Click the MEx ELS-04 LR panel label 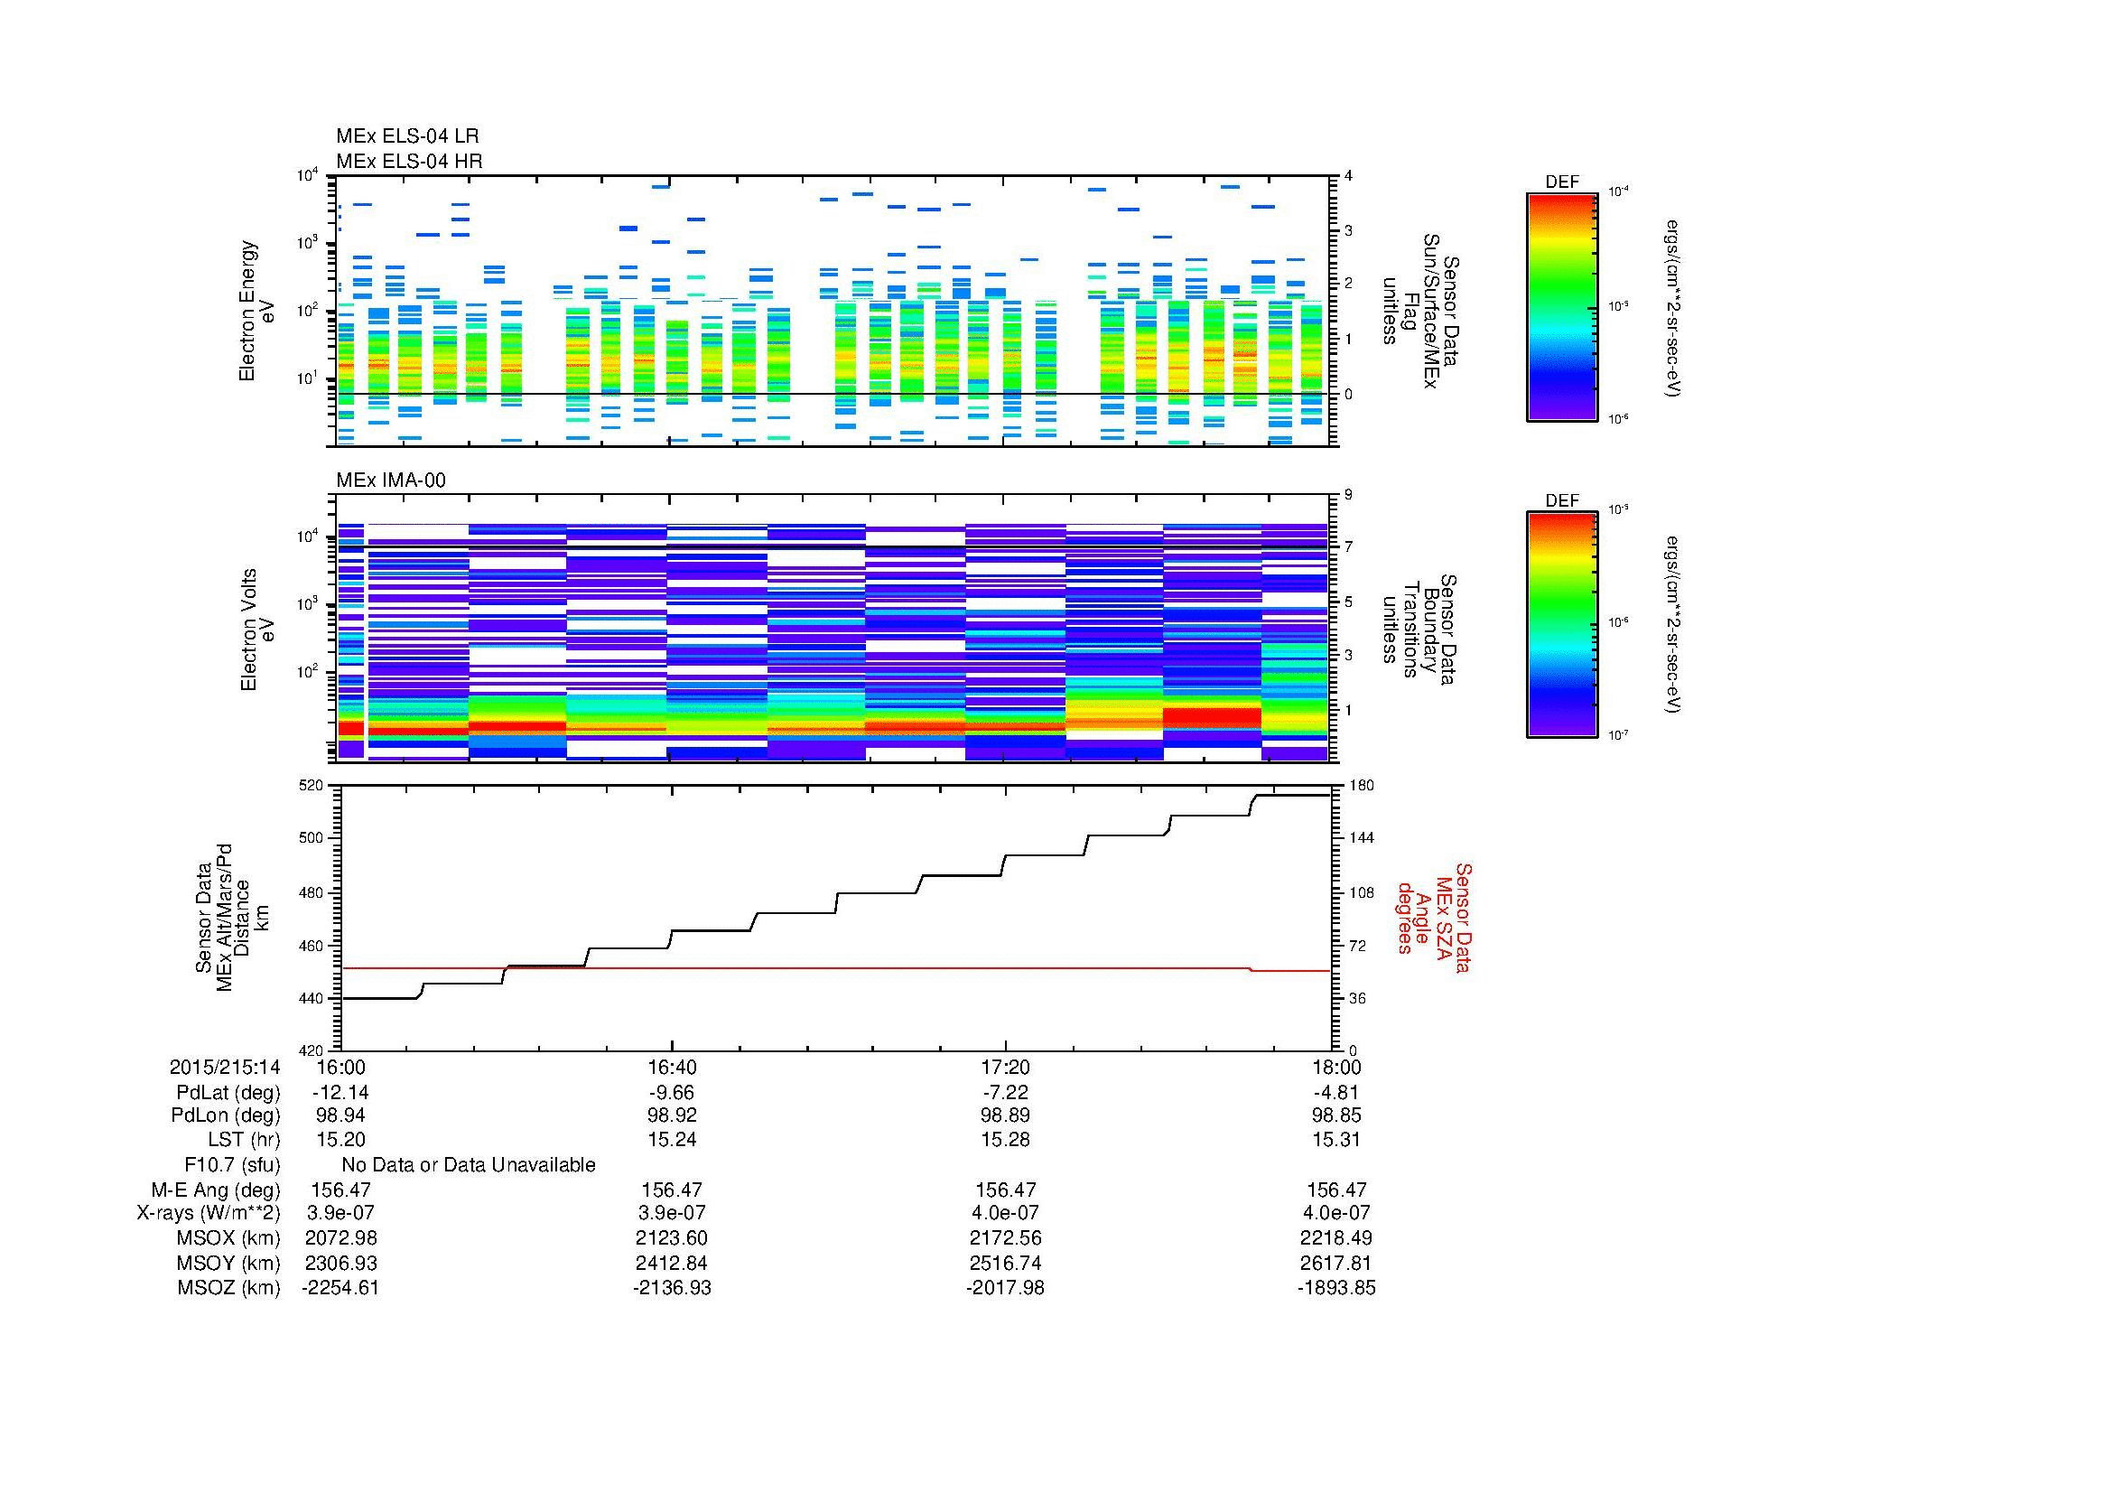(406, 136)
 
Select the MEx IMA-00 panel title (391, 481)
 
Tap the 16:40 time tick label (673, 1067)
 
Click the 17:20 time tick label (1005, 1067)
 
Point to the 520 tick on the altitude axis (312, 786)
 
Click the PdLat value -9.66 (673, 1093)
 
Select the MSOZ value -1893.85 (1336, 1288)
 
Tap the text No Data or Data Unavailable (469, 1165)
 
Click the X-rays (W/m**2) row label (208, 1213)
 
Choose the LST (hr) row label (244, 1140)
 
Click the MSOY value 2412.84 (673, 1263)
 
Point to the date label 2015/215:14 (225, 1067)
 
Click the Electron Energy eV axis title (256, 311)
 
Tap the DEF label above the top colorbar (1561, 182)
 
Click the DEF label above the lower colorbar (1561, 501)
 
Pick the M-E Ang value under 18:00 (1336, 1190)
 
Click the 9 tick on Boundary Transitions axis (1348, 495)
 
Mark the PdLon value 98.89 (1005, 1115)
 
